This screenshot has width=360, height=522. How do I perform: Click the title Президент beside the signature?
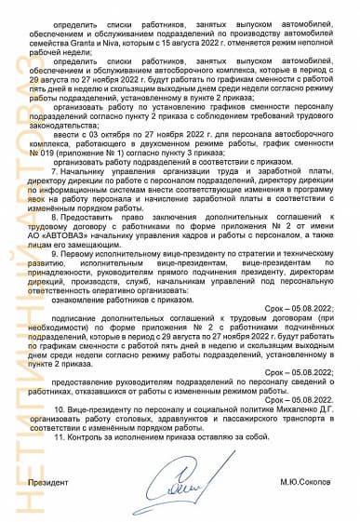(48, 483)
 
